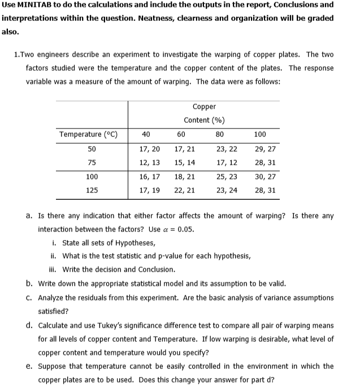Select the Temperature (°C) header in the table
click(x=88, y=135)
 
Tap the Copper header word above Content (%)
click(x=204, y=106)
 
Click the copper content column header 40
click(x=146, y=135)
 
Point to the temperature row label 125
click(x=92, y=191)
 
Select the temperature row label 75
click(x=92, y=162)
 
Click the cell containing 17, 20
click(x=149, y=149)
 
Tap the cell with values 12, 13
click(x=149, y=162)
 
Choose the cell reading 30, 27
click(x=265, y=177)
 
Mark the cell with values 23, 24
click(x=227, y=191)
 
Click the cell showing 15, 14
click(x=185, y=162)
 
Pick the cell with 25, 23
click(x=227, y=177)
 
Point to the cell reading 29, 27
click(x=265, y=149)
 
